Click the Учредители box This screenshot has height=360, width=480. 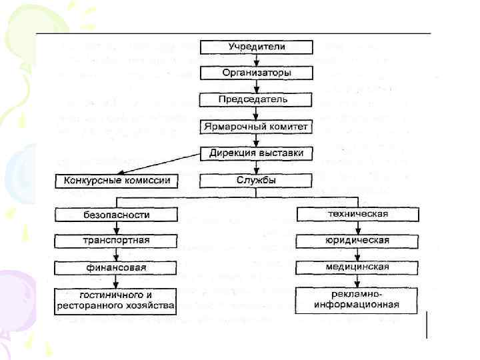point(257,47)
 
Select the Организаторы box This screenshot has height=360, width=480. point(257,73)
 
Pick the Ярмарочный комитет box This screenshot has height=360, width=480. point(257,127)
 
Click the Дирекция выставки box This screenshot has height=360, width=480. point(257,153)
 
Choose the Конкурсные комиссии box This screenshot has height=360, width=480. point(117,181)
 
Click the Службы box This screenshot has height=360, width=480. point(257,181)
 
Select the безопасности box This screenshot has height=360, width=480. point(117,215)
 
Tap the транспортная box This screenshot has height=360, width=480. point(117,241)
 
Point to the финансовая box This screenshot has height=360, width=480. point(117,267)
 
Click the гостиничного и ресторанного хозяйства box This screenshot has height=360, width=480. point(117,301)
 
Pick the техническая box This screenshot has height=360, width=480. point(358,214)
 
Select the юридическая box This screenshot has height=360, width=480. point(358,240)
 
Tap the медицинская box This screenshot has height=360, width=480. point(358,267)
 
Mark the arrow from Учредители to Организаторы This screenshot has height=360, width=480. point(257,60)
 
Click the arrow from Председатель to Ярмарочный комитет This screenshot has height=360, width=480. point(257,113)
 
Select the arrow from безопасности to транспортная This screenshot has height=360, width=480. point(117,227)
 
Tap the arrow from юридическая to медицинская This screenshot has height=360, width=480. point(358,253)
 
